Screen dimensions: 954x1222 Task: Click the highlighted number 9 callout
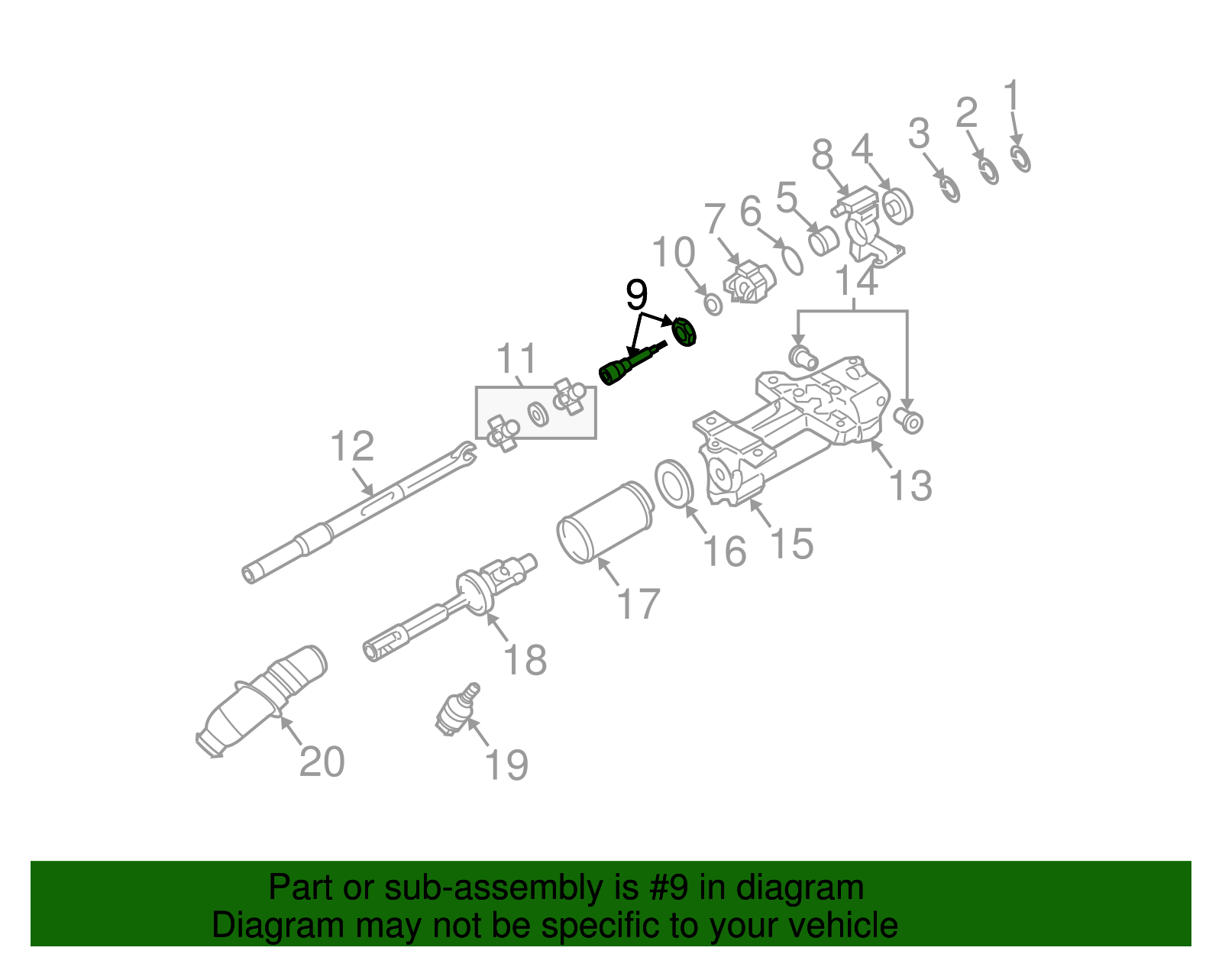tap(636, 296)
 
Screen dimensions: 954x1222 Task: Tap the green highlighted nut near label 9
tap(682, 332)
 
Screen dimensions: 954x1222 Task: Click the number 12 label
tap(352, 447)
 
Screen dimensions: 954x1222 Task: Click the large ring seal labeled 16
tap(674, 483)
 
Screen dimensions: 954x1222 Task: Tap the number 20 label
tap(322, 762)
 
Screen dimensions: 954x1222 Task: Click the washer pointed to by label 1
tap(1020, 159)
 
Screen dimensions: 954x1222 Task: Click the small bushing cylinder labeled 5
tap(823, 241)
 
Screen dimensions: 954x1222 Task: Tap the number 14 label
tap(857, 281)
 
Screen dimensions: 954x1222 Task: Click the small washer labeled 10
tap(713, 305)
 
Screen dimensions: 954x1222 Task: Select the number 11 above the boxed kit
tap(517, 359)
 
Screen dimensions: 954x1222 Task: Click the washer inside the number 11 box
tap(538, 414)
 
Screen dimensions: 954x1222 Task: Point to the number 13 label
tap(910, 486)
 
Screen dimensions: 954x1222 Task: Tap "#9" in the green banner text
tap(669, 888)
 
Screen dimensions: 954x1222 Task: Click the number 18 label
tap(525, 660)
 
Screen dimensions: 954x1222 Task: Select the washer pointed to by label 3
tap(949, 188)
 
